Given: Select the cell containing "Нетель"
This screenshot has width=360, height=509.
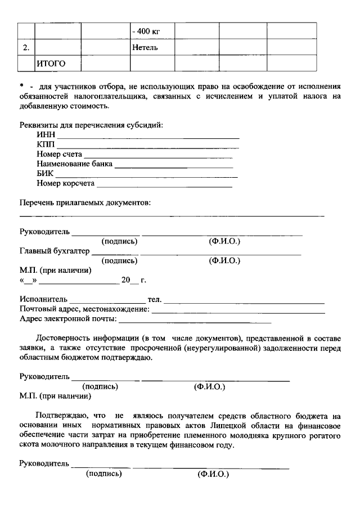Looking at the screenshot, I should point(145,48).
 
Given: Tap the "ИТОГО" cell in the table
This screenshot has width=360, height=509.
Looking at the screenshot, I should point(51,64).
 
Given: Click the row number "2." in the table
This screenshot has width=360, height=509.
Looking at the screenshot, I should point(26,48).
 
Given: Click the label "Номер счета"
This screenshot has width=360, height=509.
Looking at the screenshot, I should point(60,154).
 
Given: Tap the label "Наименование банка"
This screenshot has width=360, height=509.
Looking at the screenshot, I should point(74,164).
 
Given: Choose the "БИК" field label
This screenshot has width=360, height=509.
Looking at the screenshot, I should point(46,173).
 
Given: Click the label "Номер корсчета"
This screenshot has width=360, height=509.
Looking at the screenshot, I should point(66,183).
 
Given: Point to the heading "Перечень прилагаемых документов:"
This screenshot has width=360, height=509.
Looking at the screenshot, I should point(85,202).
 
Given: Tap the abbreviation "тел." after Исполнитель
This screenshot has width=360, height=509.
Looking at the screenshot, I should point(154,299).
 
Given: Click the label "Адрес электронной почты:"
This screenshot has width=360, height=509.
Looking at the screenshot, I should point(68,319).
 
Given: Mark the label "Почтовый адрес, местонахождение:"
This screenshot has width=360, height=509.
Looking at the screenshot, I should point(84,309).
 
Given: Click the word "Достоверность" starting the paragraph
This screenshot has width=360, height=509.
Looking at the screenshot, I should point(63,338).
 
